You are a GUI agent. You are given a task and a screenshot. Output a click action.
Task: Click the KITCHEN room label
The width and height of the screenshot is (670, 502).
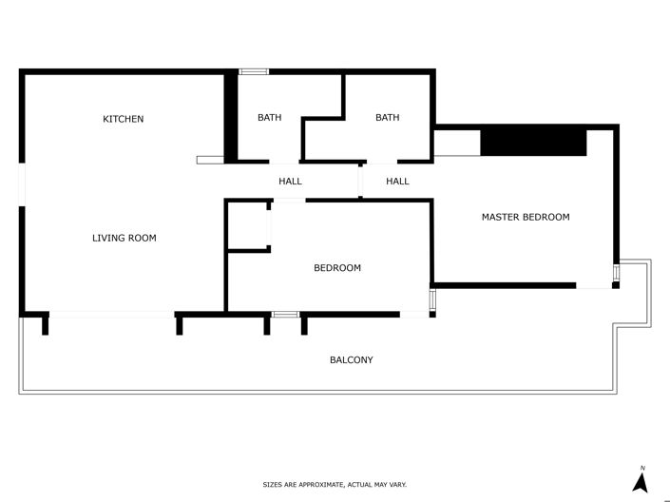[124, 119]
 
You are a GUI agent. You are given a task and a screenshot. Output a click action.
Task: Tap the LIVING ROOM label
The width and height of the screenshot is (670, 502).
[124, 238]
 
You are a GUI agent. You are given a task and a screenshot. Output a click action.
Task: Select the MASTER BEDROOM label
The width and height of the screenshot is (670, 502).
[526, 217]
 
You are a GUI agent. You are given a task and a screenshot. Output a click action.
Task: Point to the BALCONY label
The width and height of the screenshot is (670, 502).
[351, 359]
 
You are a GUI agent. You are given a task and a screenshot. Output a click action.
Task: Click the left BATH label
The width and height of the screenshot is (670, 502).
[269, 118]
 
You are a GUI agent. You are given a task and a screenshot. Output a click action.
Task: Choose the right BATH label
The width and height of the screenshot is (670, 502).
[387, 118]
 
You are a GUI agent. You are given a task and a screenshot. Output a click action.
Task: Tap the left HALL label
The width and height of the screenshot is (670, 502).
[290, 181]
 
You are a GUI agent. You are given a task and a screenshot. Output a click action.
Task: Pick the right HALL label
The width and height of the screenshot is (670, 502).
[397, 181]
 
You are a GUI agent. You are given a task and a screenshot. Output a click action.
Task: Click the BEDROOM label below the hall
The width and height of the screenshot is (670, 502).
[337, 268]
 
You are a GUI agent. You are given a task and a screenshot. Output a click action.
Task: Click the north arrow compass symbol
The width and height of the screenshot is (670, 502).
[641, 482]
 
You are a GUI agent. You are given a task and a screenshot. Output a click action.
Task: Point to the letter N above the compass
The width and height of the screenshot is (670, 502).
[642, 468]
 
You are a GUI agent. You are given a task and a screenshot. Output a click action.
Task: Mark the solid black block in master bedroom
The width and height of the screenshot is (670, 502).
[532, 143]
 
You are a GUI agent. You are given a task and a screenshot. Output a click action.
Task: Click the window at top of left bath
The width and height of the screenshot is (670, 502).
[253, 71]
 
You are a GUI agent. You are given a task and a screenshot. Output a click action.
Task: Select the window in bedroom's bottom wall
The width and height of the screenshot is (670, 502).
[285, 314]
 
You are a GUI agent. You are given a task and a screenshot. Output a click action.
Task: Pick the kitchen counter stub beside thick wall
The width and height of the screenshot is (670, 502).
[210, 160]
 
